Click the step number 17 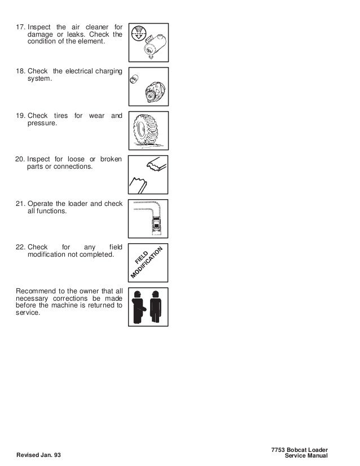point(20,27)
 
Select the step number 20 point(20,160)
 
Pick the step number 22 point(20,247)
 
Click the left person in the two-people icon point(137,307)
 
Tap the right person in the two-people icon point(157,307)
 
